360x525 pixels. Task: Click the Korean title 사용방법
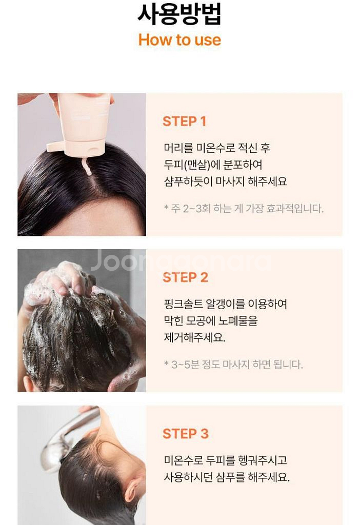[x=179, y=14]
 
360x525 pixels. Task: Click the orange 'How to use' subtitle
[x=179, y=40]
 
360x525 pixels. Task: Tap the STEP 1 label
[x=184, y=121]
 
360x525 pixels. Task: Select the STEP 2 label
[x=185, y=277]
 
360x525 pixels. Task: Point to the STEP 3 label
[x=186, y=434]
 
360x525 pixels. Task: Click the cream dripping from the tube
[x=87, y=167]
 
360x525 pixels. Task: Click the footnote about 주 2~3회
[x=244, y=209]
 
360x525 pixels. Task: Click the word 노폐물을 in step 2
[x=238, y=321]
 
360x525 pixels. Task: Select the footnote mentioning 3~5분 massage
[x=233, y=365]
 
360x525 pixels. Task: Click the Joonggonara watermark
[x=181, y=260]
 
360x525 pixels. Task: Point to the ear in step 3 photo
[x=131, y=489]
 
